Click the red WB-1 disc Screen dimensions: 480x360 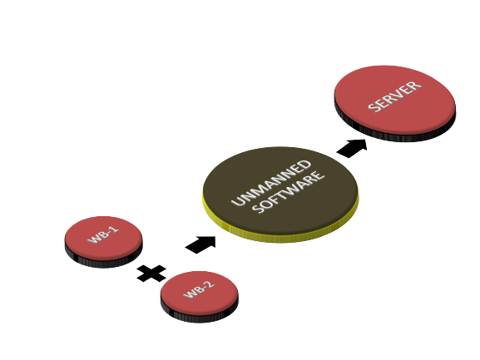pyautogui.click(x=103, y=239)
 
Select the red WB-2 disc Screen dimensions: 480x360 pyautogui.click(x=200, y=293)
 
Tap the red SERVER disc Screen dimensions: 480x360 pyautogui.click(x=395, y=100)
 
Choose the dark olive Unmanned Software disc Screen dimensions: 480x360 pyautogui.click(x=280, y=191)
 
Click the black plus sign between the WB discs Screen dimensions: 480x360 pyautogui.click(x=151, y=274)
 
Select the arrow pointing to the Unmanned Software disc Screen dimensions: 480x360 pyautogui.click(x=200, y=244)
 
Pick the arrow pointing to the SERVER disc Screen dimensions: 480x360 pyautogui.click(x=352, y=148)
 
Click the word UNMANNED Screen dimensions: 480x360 pyautogui.click(x=271, y=183)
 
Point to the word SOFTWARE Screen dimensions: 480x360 pyautogui.click(x=289, y=192)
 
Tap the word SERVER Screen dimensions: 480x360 pyautogui.click(x=395, y=96)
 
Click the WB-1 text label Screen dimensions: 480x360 pyautogui.click(x=103, y=235)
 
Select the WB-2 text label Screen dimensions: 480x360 pyautogui.click(x=199, y=289)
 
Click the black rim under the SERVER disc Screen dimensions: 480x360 pyautogui.click(x=395, y=137)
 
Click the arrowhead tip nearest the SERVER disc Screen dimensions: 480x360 pyautogui.click(x=366, y=140)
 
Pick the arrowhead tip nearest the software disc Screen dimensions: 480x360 pyautogui.click(x=215, y=236)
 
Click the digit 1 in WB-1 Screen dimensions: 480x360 pyautogui.click(x=115, y=229)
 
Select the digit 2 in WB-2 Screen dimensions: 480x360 pyautogui.click(x=210, y=284)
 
